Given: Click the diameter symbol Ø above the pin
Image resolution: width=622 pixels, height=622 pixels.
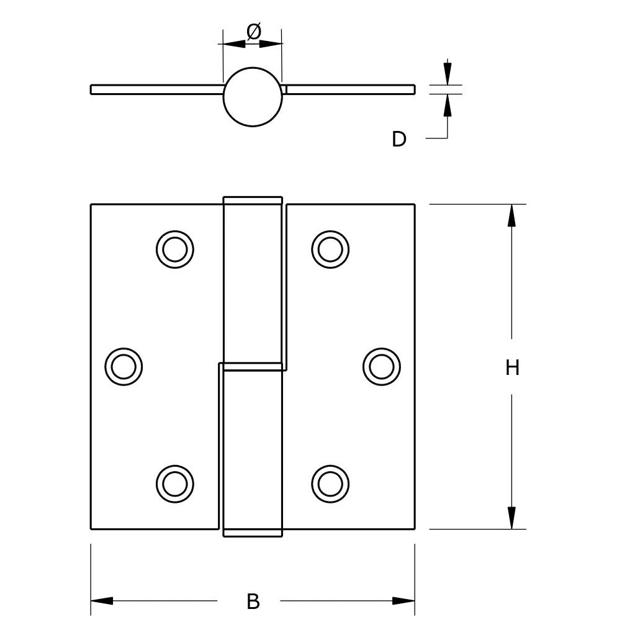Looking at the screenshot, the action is point(254,32).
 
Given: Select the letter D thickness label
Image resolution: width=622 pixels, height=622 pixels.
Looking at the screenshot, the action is point(399,139).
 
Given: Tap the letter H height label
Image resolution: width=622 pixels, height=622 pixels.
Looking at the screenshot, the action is point(512,367).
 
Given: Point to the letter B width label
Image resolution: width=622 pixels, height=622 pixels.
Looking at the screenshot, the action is point(253,601).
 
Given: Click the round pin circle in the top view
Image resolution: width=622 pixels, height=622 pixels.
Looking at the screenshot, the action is point(253,68).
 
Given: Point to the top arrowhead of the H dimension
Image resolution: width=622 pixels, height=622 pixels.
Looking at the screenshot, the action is point(512,215).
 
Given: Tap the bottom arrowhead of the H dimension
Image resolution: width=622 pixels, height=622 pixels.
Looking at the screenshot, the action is point(512,518).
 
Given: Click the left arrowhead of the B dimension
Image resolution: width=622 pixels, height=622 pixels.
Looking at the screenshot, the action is point(102,601).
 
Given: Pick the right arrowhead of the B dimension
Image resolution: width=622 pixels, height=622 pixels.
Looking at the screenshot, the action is point(403,601).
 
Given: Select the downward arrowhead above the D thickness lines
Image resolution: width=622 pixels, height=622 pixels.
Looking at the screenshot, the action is point(448,74).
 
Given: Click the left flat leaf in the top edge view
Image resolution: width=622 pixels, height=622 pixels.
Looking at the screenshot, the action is point(157,89).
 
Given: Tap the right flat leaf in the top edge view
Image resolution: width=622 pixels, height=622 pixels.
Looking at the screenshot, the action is point(350,89).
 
